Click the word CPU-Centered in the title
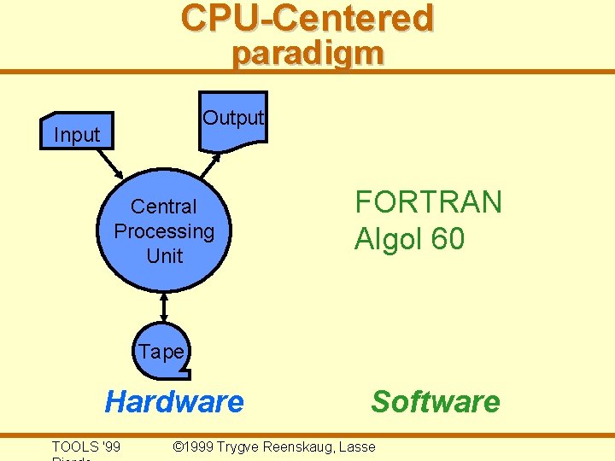tap(307, 18)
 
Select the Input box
tap(77, 133)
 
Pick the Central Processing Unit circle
tap(164, 230)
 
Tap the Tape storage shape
tap(162, 351)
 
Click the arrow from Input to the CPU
tap(111, 160)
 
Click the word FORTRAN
tap(428, 203)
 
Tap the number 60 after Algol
tap(448, 240)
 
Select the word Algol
tap(389, 240)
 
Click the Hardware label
tap(173, 401)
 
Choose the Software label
tap(436, 401)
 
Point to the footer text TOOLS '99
tap(85, 446)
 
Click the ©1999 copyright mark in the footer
tap(193, 446)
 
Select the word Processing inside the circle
tap(164, 231)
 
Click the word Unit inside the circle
tap(164, 255)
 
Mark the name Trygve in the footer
tap(238, 446)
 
